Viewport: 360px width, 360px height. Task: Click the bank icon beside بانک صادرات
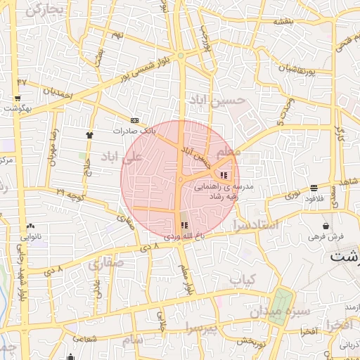134,120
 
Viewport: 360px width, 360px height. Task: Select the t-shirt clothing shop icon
89,134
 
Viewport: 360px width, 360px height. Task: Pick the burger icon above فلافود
313,188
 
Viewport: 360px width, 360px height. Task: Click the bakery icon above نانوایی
30,226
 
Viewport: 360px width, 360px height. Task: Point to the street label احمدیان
58,92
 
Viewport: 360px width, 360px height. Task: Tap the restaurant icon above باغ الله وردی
185,226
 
